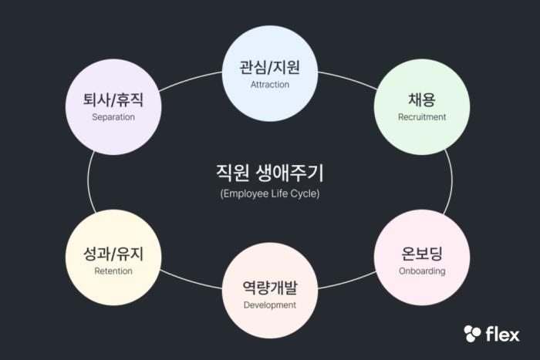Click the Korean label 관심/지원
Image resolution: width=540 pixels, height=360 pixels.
click(x=269, y=67)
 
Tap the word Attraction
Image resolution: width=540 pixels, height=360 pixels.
click(x=270, y=85)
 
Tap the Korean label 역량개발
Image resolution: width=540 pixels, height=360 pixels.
click(x=269, y=288)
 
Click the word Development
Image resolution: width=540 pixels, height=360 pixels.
click(x=270, y=305)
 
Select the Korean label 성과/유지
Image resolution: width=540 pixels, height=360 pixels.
click(x=113, y=254)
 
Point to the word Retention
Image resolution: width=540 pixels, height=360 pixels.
click(x=113, y=271)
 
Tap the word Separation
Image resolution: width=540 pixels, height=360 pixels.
click(x=113, y=117)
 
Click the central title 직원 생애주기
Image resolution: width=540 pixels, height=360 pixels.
click(x=269, y=171)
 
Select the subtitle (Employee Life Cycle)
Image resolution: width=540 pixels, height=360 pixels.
click(x=269, y=193)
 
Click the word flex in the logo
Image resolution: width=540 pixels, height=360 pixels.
click(x=502, y=334)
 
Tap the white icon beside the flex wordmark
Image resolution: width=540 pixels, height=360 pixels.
click(x=472, y=334)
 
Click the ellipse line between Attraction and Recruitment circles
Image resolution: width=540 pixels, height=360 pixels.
click(x=347, y=79)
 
